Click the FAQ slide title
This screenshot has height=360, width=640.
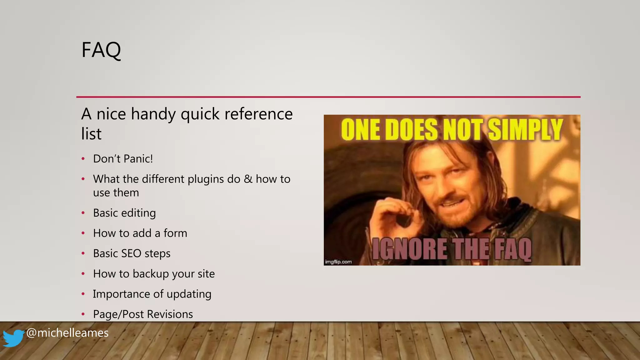pos(101,50)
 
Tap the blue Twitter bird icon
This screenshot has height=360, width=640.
pos(13,338)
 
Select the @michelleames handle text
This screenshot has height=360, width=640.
pos(67,333)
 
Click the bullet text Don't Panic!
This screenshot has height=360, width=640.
pos(123,159)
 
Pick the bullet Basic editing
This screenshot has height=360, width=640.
pos(124,213)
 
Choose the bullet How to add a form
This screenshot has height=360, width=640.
pos(140,233)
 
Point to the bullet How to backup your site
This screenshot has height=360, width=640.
pos(154,274)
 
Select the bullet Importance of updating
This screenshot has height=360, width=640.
pos(152,294)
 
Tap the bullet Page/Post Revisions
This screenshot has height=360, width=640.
pos(143,314)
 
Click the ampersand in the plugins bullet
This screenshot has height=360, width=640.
pos(248,179)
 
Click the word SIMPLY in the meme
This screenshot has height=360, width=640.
pos(525,130)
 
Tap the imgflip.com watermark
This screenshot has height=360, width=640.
pos(338,262)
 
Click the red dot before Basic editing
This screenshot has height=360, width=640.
pos(83,213)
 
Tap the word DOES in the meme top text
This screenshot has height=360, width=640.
pos(411,130)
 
